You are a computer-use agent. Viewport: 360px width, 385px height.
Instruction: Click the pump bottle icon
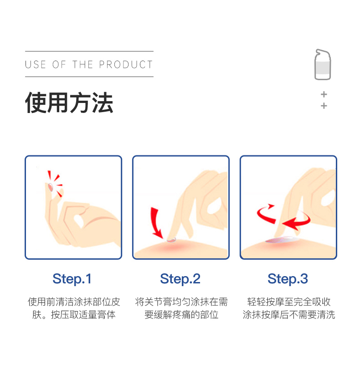pyautogui.click(x=323, y=64)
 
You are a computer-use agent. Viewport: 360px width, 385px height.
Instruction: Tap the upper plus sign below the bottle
pyautogui.click(x=324, y=94)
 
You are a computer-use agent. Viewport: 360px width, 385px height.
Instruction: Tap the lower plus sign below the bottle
pyautogui.click(x=324, y=106)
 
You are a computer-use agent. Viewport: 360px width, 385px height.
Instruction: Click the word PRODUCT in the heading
pyautogui.click(x=126, y=65)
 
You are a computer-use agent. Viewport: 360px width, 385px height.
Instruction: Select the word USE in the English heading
pyautogui.click(x=36, y=65)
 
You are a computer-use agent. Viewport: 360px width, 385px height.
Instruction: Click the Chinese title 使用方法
pyautogui.click(x=69, y=103)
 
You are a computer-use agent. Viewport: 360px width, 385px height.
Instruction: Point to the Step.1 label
pyautogui.click(x=72, y=279)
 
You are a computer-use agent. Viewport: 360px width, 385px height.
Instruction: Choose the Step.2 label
pyautogui.click(x=180, y=279)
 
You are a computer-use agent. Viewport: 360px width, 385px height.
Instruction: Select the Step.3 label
pyautogui.click(x=288, y=279)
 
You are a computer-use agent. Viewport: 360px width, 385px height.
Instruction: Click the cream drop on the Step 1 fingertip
pyautogui.click(x=51, y=187)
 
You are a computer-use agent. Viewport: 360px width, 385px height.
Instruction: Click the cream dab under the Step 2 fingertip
pyautogui.click(x=171, y=240)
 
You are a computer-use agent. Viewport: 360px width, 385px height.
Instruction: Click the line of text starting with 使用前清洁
pyautogui.click(x=74, y=302)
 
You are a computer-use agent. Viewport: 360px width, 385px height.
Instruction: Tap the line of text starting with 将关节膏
pyautogui.click(x=181, y=302)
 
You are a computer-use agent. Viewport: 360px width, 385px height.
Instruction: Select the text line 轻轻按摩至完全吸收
pyautogui.click(x=289, y=302)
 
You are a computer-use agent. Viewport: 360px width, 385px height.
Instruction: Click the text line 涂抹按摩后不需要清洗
pyautogui.click(x=289, y=315)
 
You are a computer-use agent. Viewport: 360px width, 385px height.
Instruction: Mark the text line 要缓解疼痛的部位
pyautogui.click(x=181, y=315)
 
